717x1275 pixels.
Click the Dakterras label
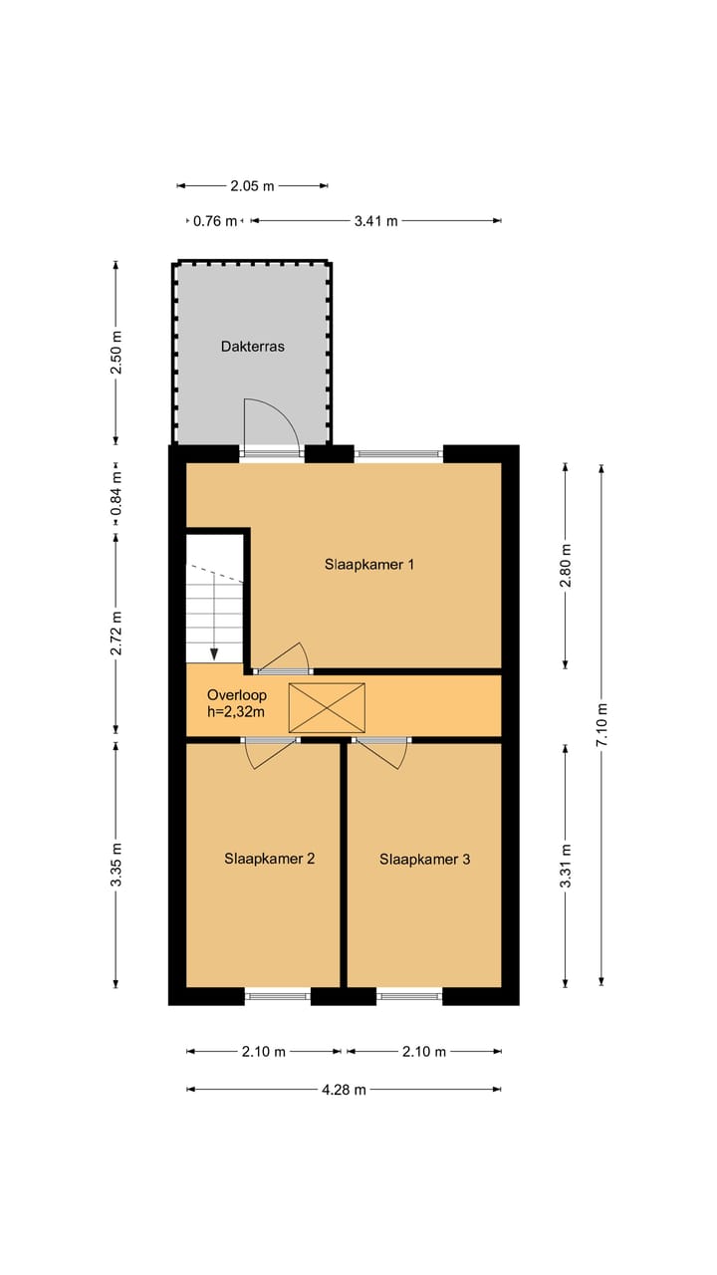(x=253, y=347)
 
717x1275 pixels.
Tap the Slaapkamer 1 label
(x=369, y=564)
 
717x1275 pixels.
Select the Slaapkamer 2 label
(x=269, y=859)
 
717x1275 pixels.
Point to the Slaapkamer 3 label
(x=424, y=859)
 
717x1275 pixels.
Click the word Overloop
(x=237, y=695)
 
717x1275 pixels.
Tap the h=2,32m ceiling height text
(x=237, y=712)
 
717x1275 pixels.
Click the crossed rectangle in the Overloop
(x=327, y=708)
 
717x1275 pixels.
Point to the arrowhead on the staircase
(x=214, y=653)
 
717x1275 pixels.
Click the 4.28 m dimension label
(x=344, y=1090)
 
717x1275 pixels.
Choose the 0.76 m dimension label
(x=215, y=221)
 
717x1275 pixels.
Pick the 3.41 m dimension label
(x=375, y=221)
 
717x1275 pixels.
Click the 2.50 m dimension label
(x=116, y=355)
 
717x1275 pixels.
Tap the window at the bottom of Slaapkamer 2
(x=278, y=995)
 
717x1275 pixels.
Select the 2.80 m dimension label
(x=566, y=565)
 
